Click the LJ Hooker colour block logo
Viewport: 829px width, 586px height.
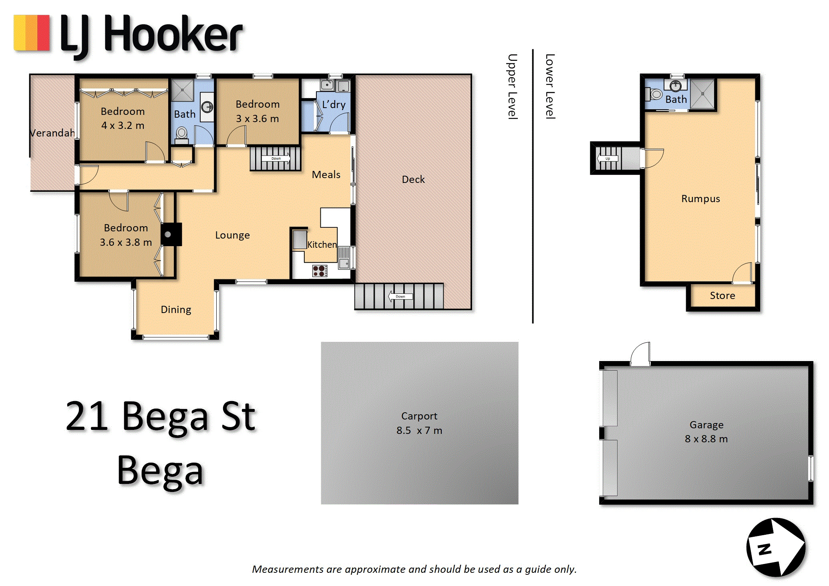coord(32,33)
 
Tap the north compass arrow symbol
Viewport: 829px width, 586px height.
coord(776,547)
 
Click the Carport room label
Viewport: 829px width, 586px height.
coord(419,416)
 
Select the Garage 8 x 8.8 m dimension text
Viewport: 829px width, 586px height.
coord(706,439)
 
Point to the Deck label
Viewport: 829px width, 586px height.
coord(413,179)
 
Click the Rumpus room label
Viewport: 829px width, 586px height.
coord(700,199)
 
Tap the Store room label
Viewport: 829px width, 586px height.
coord(722,295)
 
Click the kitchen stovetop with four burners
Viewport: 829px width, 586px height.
coord(320,271)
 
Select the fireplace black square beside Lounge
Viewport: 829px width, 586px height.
coord(171,234)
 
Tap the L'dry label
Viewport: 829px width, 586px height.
coord(334,105)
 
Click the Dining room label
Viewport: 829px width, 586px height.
coord(176,309)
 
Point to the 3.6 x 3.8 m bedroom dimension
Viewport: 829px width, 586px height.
coord(126,242)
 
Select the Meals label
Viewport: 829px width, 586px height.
coord(326,175)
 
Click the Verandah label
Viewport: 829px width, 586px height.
coord(52,133)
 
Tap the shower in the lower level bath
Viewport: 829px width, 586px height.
coord(702,94)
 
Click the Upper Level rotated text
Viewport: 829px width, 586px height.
coord(512,86)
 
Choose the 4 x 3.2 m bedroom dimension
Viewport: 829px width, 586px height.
coord(123,125)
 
